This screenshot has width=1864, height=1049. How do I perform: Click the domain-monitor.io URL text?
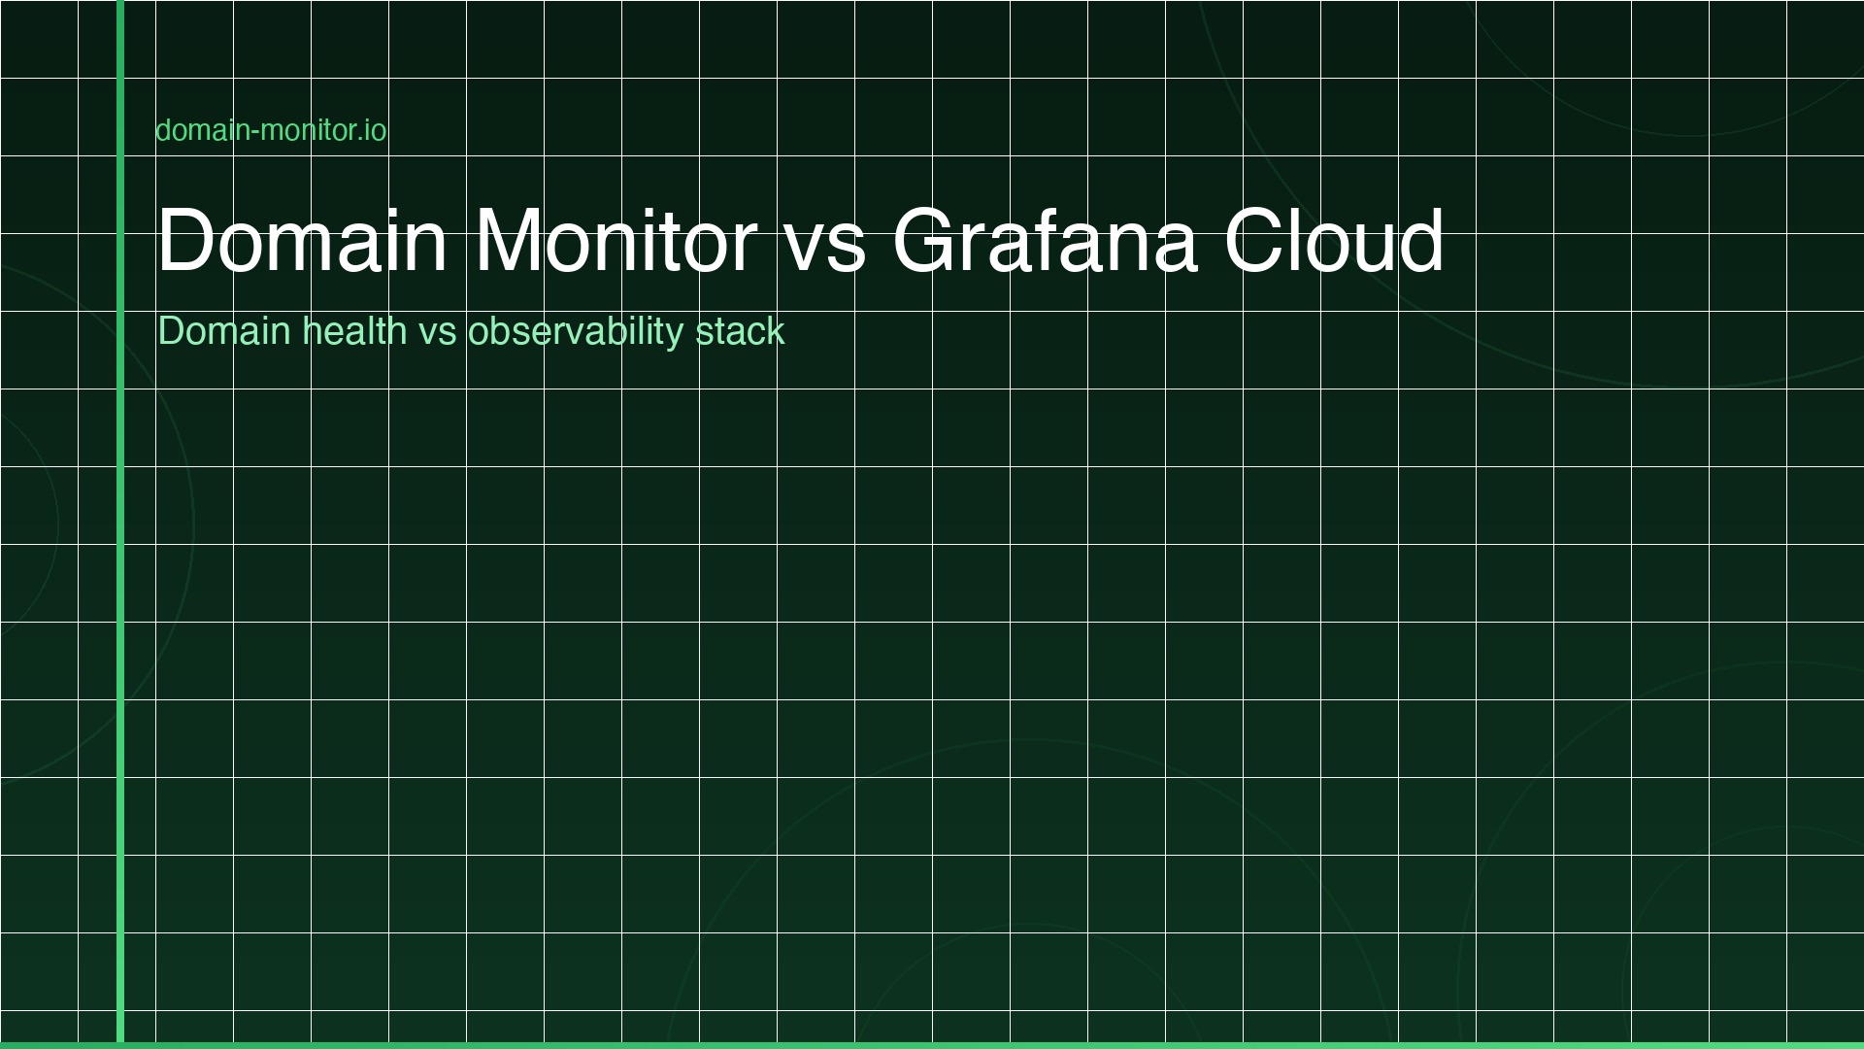pyautogui.click(x=271, y=130)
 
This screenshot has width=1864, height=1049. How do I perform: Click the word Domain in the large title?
pyautogui.click(x=302, y=240)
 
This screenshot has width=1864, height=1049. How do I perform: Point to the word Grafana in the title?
pyautogui.click(x=1045, y=240)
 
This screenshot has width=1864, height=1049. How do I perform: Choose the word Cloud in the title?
pyautogui.click(x=1334, y=240)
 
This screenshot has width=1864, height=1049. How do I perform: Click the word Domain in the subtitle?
pyautogui.click(x=224, y=331)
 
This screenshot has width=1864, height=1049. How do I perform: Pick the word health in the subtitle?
pyautogui.click(x=354, y=331)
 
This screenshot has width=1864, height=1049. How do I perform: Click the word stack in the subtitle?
pyautogui.click(x=740, y=331)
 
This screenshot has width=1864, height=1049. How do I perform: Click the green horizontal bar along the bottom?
pyautogui.click(x=932, y=1045)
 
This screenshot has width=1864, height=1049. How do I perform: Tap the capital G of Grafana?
pyautogui.click(x=926, y=240)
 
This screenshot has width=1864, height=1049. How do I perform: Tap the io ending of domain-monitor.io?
pyautogui.click(x=376, y=130)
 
